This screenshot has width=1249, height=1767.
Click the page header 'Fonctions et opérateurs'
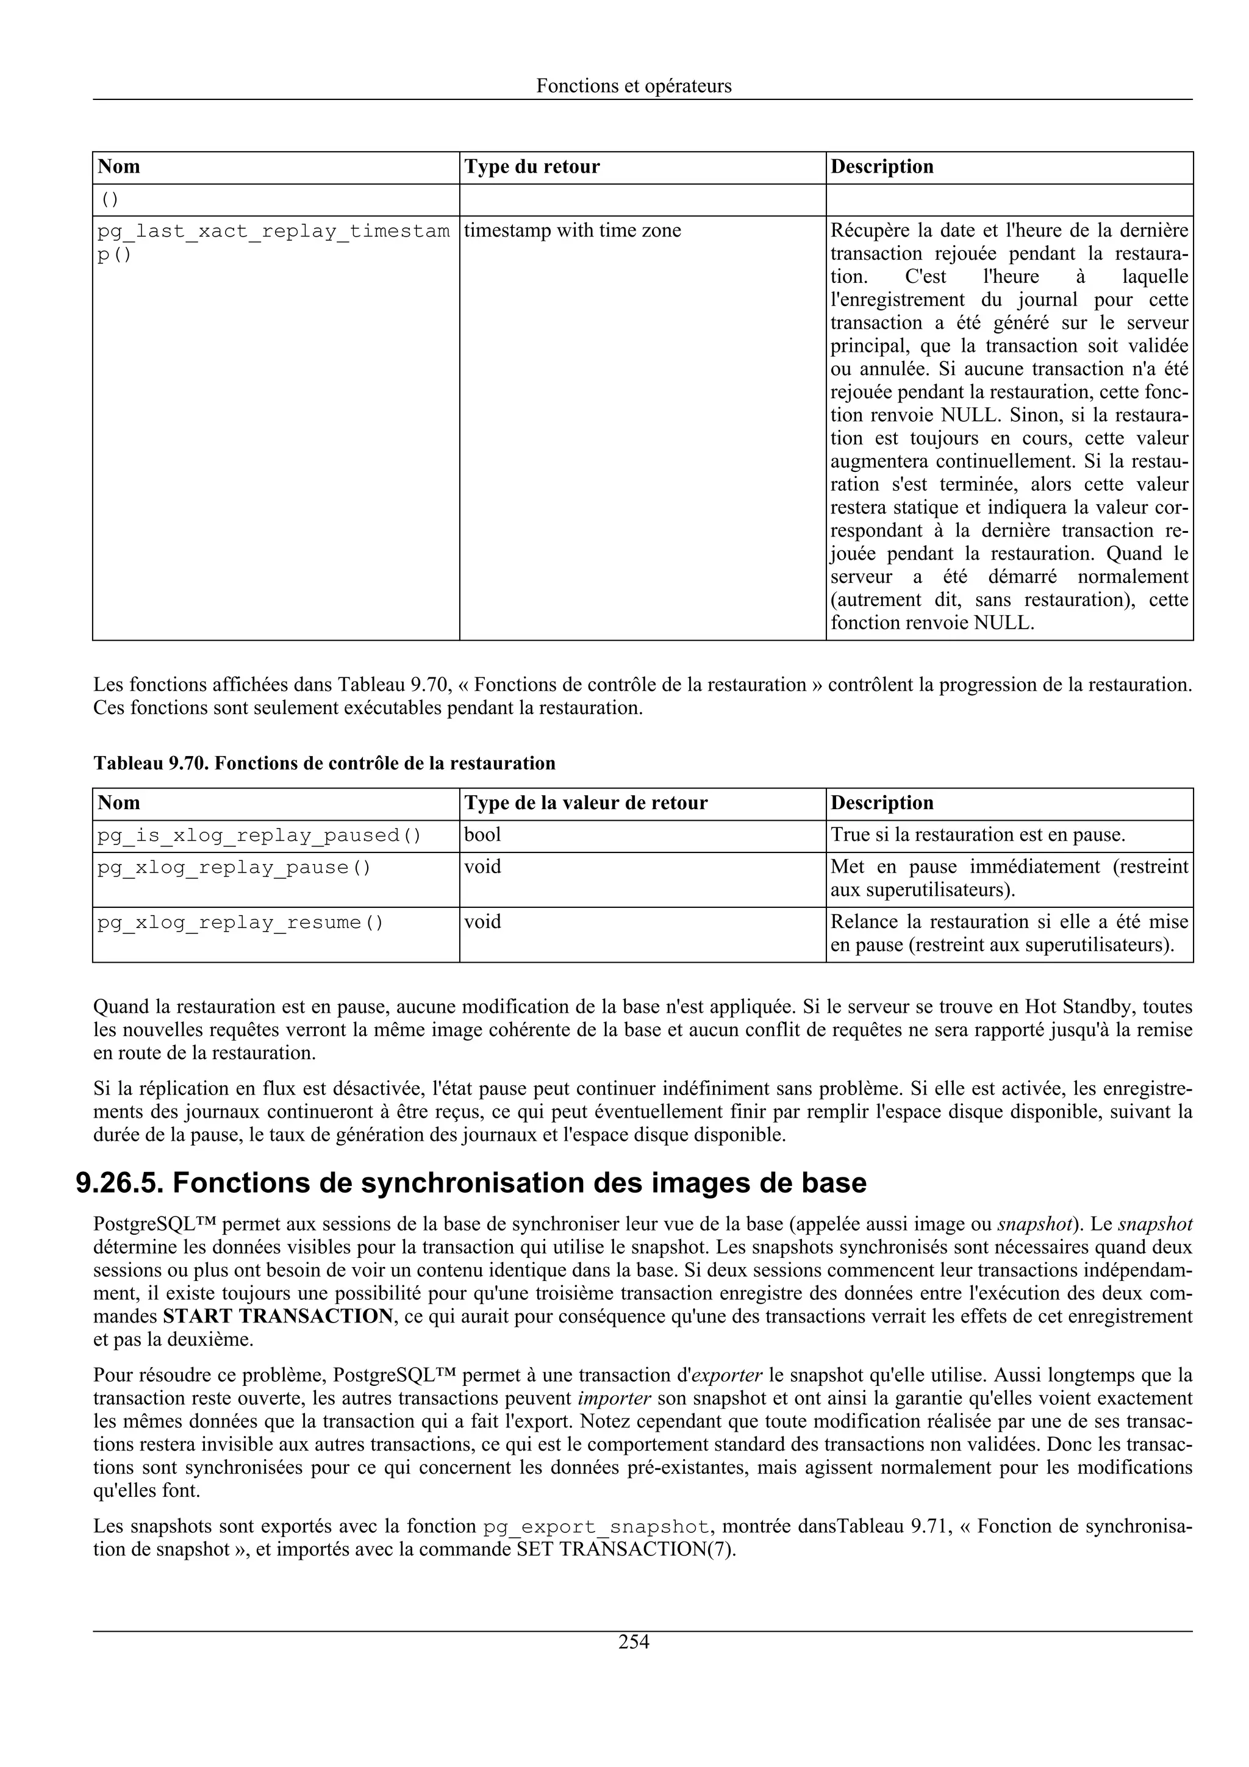tap(634, 86)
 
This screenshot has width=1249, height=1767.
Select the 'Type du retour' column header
tap(532, 167)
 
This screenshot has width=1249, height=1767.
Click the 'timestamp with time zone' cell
tap(573, 231)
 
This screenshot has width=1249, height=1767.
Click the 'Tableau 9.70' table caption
tap(324, 763)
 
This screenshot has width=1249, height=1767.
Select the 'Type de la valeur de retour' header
tap(585, 804)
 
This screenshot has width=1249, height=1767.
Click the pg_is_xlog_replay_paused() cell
tap(259, 836)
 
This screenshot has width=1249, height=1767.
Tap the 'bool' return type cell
tap(482, 835)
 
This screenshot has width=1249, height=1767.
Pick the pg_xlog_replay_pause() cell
tap(234, 868)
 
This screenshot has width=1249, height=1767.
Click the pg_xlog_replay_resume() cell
tap(240, 923)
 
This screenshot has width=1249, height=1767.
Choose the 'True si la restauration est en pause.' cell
tap(978, 835)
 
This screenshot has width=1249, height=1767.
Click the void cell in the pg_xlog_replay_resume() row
tap(482, 922)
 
